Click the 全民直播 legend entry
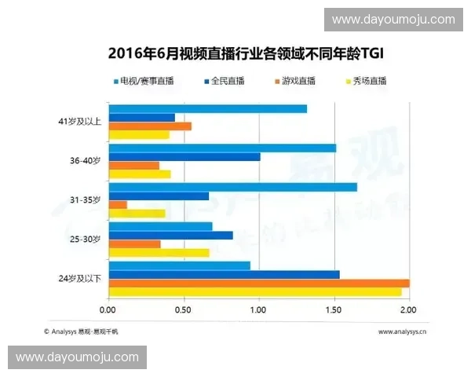tap(228, 81)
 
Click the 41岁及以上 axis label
tap(80, 122)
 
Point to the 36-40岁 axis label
tap(85, 161)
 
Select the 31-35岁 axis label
tap(85, 200)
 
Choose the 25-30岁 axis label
tap(85, 240)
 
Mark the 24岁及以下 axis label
tap(80, 279)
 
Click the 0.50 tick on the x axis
tap(184, 311)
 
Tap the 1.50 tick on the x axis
tap(334, 311)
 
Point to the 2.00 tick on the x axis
tap(410, 311)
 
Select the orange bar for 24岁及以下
tap(258, 284)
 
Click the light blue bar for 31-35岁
tap(232, 187)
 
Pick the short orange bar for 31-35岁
tap(118, 205)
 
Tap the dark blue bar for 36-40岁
tap(184, 157)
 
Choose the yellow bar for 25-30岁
tap(159, 253)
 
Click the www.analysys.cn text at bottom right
tap(402, 331)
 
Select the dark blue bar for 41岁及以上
tap(141, 118)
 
